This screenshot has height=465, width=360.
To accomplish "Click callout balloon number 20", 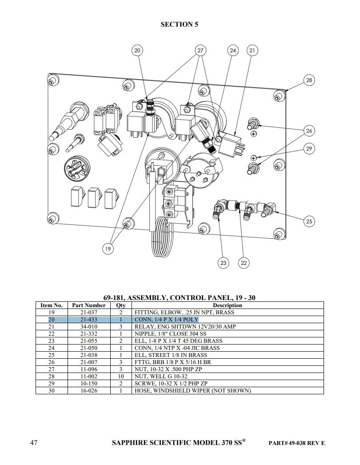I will coord(137,51).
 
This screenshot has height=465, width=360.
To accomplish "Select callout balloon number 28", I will coord(309,80).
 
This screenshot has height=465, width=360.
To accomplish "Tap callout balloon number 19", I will coord(108,249).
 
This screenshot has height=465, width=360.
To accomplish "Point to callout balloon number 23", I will coord(223,263).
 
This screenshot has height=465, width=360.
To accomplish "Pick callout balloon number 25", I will coord(309,221).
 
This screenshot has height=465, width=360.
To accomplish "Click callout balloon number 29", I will coord(309,148).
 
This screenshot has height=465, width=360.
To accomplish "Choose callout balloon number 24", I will coord(233,51).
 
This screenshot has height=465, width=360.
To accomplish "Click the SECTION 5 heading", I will coord(180,24).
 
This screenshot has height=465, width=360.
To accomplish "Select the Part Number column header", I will coord(89,305).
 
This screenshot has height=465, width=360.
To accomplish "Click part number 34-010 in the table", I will coord(89,327).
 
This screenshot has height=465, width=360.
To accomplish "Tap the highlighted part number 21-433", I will coord(89,320).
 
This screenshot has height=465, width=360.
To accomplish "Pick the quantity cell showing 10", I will coord(121,377).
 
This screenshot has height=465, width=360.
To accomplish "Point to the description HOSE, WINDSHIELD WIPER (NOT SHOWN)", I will coord(192,391).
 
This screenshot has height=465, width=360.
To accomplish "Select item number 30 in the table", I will coord(52,391).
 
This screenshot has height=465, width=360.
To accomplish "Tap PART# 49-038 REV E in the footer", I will coord(297,443).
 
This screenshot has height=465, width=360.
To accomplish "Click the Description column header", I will coord(227,305).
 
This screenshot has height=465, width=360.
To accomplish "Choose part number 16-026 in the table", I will coord(89,391).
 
